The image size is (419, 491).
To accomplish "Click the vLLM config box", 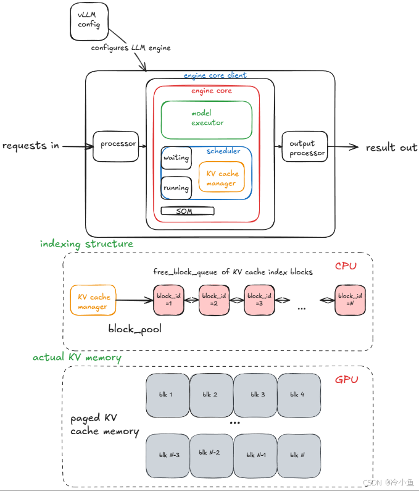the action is click(89, 21).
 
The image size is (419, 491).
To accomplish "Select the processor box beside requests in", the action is click(116, 146).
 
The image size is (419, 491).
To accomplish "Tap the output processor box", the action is click(305, 146).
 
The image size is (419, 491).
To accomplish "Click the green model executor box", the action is click(207, 120).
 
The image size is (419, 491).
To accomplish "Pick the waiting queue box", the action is click(176, 158).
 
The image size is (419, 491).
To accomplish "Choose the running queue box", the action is click(176, 188).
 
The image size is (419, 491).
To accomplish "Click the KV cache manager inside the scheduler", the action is click(222, 177).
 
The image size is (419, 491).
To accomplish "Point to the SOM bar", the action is click(188, 211).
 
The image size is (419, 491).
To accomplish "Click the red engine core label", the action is click(212, 91).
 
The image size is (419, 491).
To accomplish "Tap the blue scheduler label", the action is click(223, 151).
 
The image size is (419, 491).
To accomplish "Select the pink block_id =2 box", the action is click(214, 300).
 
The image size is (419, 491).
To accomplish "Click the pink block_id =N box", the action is click(350, 300).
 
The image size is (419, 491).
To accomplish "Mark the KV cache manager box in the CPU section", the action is click(93, 300).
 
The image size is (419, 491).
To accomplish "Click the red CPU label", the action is click(346, 266).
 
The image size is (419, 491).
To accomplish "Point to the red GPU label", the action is click(346, 380).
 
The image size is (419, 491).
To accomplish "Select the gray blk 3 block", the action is click(255, 395).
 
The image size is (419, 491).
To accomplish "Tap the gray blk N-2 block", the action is click(212, 456).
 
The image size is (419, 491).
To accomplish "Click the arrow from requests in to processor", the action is click(78, 146).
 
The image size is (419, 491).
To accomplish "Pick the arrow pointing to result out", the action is click(343, 146).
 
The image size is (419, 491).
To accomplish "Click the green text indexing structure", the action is click(86, 244).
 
